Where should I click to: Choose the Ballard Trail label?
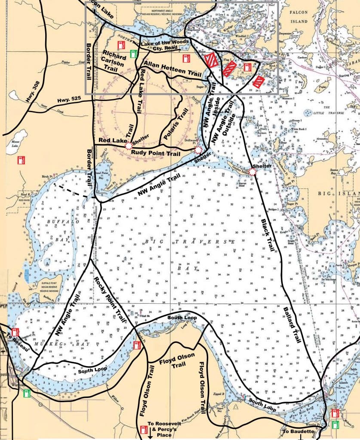292,325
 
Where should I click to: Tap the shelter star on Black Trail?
253,171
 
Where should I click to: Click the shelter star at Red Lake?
128,146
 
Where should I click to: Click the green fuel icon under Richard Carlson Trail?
134,54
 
